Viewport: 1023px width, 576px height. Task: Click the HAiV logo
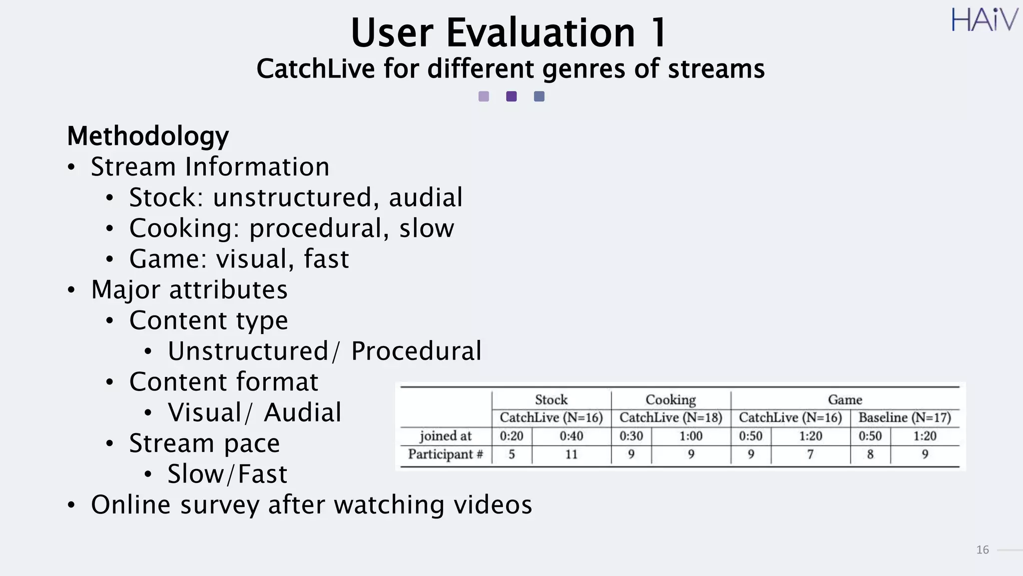984,20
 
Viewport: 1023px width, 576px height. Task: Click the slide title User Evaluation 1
509,33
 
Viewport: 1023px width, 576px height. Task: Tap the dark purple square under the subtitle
511,96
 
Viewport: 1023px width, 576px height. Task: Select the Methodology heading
148,136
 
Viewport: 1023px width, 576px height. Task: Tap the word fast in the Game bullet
326,259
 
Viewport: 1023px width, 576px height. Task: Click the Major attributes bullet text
189,290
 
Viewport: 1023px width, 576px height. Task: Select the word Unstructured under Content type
248,351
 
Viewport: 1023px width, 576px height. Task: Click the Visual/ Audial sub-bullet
254,412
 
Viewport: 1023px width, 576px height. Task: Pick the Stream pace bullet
204,443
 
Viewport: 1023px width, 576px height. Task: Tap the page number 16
982,550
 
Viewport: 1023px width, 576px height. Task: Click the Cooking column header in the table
670,399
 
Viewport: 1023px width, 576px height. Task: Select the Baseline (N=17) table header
905,417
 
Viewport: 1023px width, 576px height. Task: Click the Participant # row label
445,454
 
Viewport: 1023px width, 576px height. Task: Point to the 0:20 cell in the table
511,436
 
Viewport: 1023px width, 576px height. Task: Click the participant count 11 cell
571,454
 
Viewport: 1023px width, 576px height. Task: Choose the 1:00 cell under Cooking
691,436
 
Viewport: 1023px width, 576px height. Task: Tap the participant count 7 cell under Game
810,454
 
